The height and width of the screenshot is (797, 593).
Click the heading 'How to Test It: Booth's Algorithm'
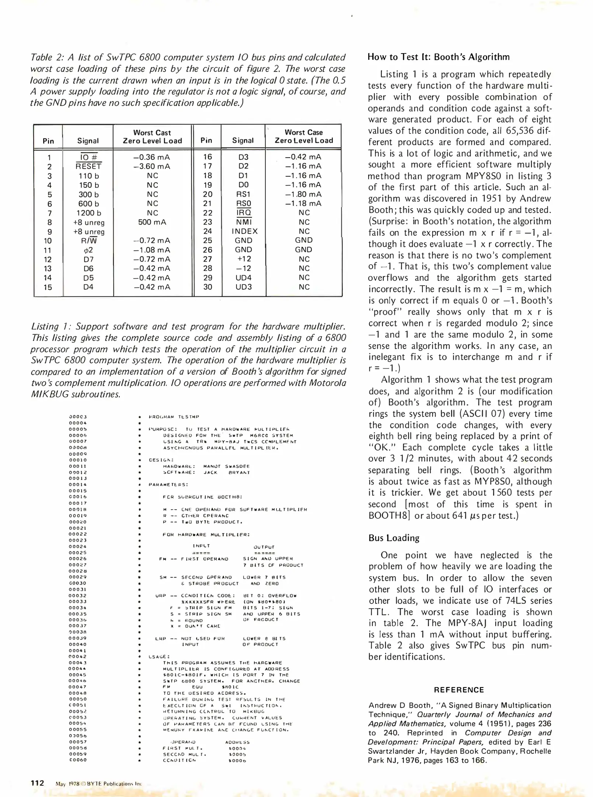tap(439, 57)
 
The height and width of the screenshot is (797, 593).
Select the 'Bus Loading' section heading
tap(394, 538)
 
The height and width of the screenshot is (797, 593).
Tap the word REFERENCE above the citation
tap(458, 690)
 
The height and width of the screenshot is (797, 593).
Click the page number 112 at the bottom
tap(37, 783)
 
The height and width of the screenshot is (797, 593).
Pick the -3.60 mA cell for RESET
tap(152, 166)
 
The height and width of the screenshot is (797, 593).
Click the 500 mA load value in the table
tap(152, 222)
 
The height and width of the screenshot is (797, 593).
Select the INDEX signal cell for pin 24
tap(244, 231)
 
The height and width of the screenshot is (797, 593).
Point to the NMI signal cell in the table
tap(244, 222)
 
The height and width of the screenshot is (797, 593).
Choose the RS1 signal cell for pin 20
tap(243, 194)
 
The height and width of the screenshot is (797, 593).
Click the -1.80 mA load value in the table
tap(303, 194)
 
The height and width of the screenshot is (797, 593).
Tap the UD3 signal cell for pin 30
tap(243, 287)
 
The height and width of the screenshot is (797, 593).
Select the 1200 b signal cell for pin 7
tap(88, 213)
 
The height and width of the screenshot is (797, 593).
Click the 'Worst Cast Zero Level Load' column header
tap(152, 137)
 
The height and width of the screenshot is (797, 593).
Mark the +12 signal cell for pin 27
tap(243, 259)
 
